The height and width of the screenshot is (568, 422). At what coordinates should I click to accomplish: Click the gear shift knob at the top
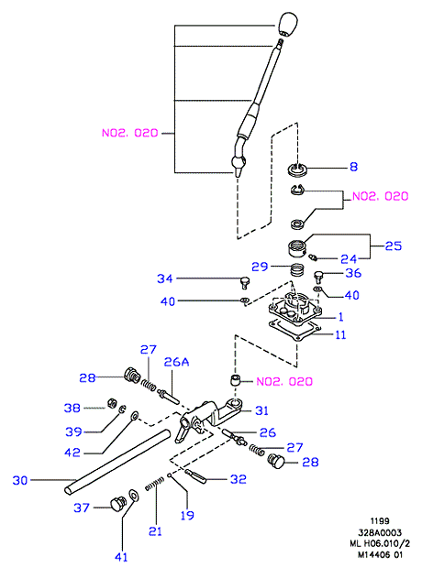pyautogui.click(x=288, y=24)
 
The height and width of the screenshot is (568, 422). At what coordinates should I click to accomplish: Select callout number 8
pyautogui.click(x=353, y=167)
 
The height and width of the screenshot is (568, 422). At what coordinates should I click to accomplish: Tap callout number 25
pyautogui.click(x=394, y=246)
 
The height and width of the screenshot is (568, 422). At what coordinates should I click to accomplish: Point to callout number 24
pyautogui.click(x=349, y=259)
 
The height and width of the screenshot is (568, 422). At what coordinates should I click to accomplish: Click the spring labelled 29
pyautogui.click(x=298, y=269)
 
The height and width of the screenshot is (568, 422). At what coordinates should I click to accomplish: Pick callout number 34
pyautogui.click(x=165, y=279)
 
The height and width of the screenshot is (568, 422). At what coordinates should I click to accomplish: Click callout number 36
pyautogui.click(x=353, y=273)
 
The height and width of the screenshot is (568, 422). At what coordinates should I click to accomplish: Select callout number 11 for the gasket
pyautogui.click(x=340, y=334)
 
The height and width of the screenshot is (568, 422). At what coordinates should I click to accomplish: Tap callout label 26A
pyautogui.click(x=176, y=362)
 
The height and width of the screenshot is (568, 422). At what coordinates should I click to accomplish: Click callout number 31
pyautogui.click(x=262, y=410)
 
